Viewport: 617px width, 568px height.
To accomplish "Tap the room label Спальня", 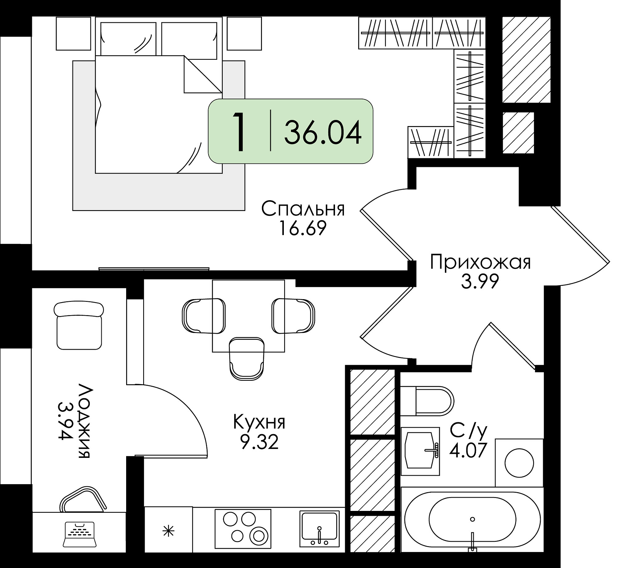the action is click(x=303, y=209).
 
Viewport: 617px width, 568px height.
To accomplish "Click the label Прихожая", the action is click(x=480, y=262).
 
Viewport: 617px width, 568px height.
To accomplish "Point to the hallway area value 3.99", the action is click(x=480, y=282).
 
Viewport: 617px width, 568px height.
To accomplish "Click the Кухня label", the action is click(x=259, y=422).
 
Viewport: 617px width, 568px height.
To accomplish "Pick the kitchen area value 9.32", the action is click(x=259, y=442).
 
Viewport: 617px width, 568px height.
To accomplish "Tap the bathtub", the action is click(x=472, y=520).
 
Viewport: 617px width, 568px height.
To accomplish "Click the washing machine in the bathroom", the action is click(x=519, y=463).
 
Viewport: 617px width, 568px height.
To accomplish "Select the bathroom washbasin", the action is click(x=421, y=451).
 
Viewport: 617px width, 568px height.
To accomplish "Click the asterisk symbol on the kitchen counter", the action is click(x=169, y=532).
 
